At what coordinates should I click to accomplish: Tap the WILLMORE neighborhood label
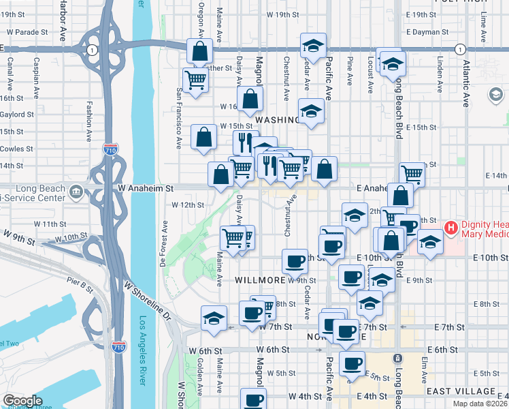coord(259,279)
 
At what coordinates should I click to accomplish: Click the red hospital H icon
coord(450,227)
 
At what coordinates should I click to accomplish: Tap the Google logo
coord(22,401)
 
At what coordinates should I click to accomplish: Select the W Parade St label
coord(28,32)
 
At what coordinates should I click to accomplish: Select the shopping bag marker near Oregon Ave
coord(200,51)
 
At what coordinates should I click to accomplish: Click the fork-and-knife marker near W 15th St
coord(246,142)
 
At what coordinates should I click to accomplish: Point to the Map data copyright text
coord(480,404)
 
